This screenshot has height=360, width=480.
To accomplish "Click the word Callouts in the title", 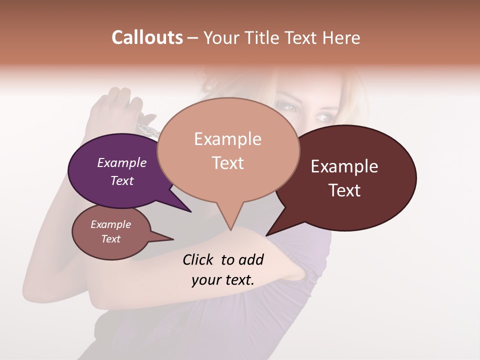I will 147,38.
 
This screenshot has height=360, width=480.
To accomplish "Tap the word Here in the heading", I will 342,38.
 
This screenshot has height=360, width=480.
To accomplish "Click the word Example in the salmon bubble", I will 227,139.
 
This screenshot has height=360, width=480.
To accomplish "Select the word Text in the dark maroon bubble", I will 344,190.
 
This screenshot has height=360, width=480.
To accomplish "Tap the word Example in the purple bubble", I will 121,163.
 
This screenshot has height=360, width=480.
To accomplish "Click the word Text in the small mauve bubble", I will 110,239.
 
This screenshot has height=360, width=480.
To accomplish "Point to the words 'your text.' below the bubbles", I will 222,280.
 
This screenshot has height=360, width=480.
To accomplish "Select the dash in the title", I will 193,38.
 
